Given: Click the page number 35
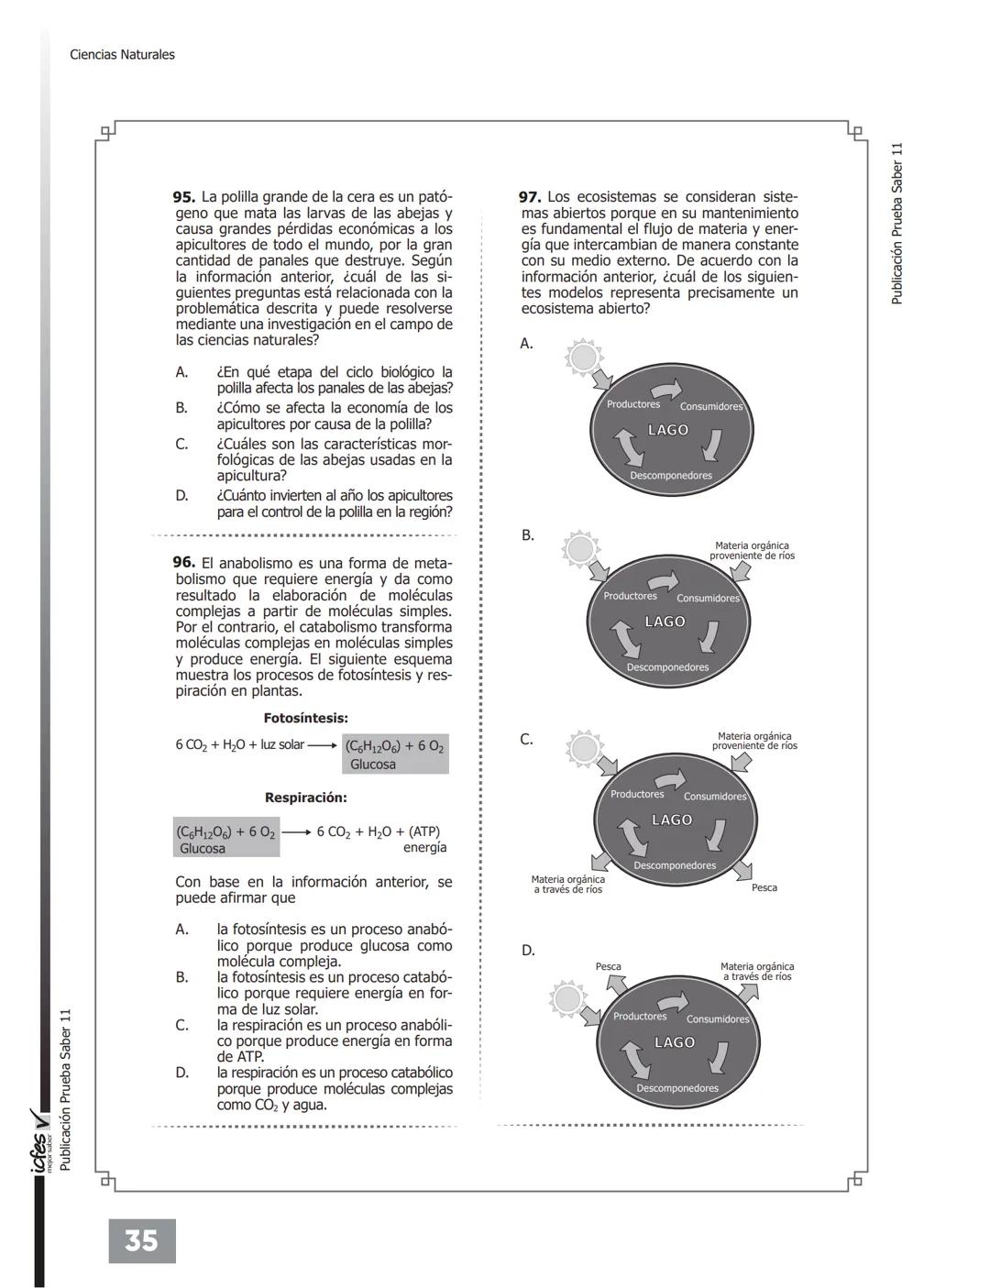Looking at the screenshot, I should pyautogui.click(x=141, y=1241).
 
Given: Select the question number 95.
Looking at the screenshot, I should pyautogui.click(x=184, y=197).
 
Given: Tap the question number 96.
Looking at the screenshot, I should pyautogui.click(x=184, y=562).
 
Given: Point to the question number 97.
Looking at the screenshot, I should pyautogui.click(x=530, y=197).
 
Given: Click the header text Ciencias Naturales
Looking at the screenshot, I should pyautogui.click(x=122, y=55).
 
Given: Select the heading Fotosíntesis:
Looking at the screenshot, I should pyautogui.click(x=305, y=719).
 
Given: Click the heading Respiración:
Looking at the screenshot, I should pyautogui.click(x=305, y=798).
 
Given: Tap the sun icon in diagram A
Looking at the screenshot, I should pyautogui.click(x=583, y=356).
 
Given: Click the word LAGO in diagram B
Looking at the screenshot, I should pyautogui.click(x=665, y=622).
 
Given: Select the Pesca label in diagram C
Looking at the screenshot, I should pyautogui.click(x=764, y=887).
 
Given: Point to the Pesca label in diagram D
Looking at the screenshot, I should pyautogui.click(x=608, y=966).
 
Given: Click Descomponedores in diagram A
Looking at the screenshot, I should pyautogui.click(x=671, y=476).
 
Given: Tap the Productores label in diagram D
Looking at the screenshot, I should pyautogui.click(x=640, y=1016).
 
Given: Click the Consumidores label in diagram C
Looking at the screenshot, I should pyautogui.click(x=715, y=797).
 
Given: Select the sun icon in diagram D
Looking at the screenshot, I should pyautogui.click(x=567, y=997).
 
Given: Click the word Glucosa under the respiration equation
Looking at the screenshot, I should pyautogui.click(x=203, y=848).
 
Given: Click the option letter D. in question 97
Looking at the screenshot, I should pyautogui.click(x=528, y=951).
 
